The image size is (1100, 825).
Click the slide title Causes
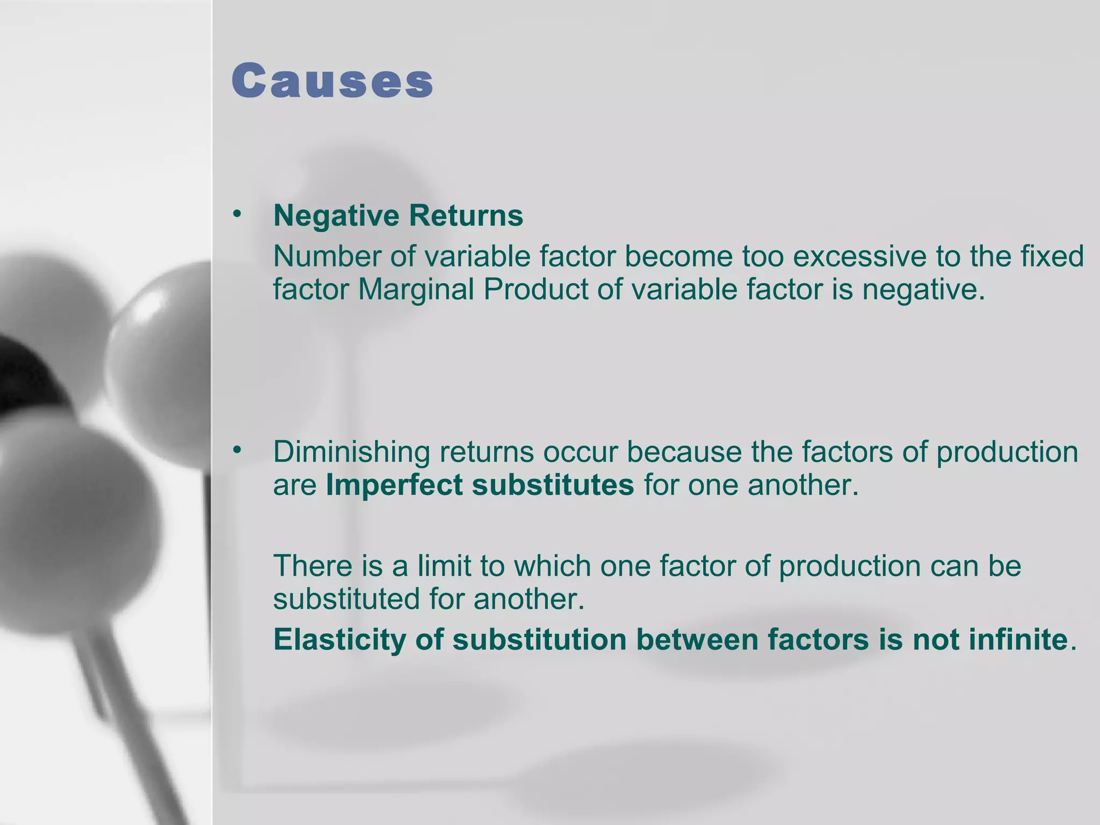(332, 81)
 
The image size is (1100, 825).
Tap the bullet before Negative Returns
(237, 214)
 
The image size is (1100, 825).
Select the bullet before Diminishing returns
(237, 450)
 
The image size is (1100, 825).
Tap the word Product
(535, 290)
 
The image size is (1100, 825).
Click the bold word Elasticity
(339, 640)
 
